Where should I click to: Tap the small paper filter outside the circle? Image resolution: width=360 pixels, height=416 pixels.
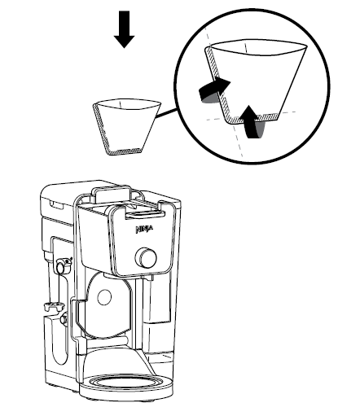point(122,125)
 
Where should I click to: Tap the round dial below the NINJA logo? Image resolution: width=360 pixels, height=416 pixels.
point(147,258)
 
